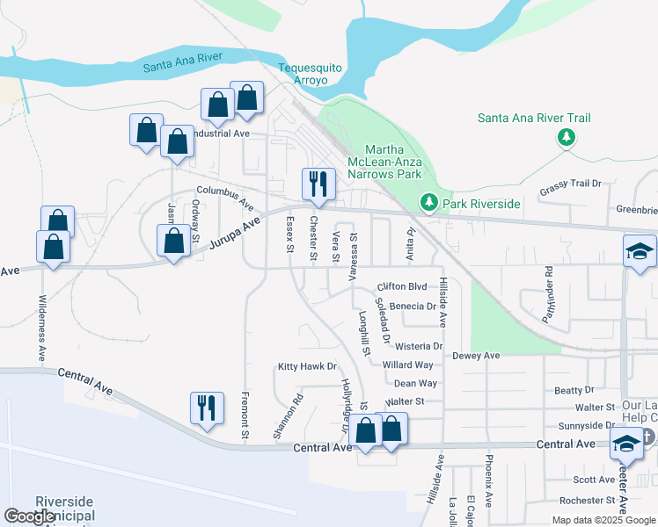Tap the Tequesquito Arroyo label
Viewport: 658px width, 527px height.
click(x=303, y=74)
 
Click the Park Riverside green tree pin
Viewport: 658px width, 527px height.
click(x=429, y=204)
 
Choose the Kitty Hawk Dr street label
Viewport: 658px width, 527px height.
click(x=307, y=366)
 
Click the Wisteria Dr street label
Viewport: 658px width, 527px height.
click(x=419, y=346)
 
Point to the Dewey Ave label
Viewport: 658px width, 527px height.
click(x=476, y=356)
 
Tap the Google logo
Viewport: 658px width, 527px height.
click(x=30, y=516)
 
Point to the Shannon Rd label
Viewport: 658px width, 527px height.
click(x=287, y=416)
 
